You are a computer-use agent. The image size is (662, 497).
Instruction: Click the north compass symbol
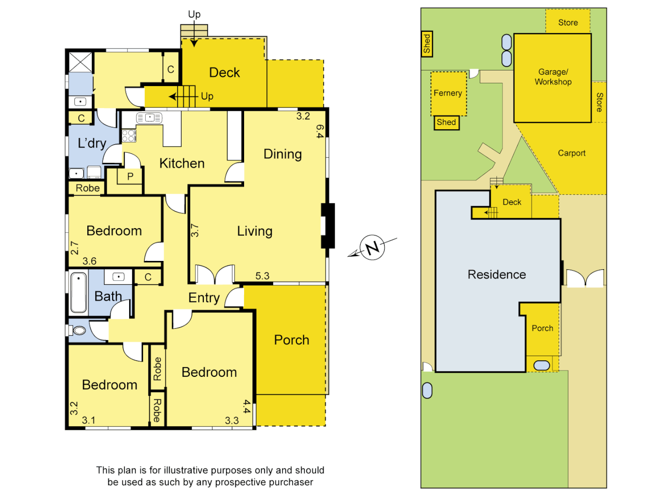(x=372, y=247)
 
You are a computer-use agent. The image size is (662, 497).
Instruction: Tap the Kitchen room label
(x=182, y=163)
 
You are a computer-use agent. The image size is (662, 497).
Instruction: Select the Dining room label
(x=282, y=154)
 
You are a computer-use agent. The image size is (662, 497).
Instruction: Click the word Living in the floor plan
(x=255, y=231)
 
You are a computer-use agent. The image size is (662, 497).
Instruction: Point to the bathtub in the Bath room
(x=79, y=293)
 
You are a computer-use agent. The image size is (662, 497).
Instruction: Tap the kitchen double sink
(x=149, y=118)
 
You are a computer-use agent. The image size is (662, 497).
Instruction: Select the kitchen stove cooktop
(x=129, y=136)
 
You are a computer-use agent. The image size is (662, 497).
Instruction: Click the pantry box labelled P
(x=130, y=176)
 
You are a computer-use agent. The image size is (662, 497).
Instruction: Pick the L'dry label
(x=92, y=143)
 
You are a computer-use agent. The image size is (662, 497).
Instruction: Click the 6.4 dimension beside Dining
(x=320, y=131)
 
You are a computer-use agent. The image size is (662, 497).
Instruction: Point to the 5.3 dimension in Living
(x=262, y=276)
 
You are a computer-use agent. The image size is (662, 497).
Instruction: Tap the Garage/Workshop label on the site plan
(x=553, y=77)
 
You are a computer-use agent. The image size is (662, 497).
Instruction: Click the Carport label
(x=571, y=153)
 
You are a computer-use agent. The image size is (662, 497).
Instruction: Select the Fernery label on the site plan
(x=447, y=93)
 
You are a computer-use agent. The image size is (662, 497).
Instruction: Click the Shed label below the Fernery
(x=446, y=122)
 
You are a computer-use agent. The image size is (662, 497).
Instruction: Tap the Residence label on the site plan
(x=496, y=275)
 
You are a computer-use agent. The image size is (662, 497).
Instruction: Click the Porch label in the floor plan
(x=291, y=340)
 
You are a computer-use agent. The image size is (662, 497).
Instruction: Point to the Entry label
(x=204, y=298)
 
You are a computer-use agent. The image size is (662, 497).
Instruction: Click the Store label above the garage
(x=568, y=23)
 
